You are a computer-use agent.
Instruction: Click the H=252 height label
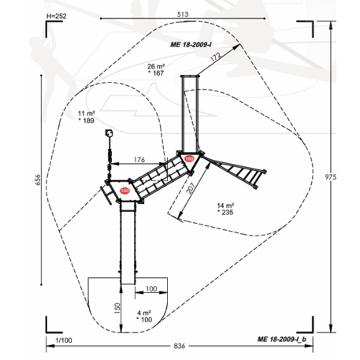click(57, 16)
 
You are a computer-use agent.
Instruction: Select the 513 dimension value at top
click(183, 14)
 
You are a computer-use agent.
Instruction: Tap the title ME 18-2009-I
click(191, 45)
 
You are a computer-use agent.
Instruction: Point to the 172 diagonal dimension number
click(216, 57)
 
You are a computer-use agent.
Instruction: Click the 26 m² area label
click(156, 66)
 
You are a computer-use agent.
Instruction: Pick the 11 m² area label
click(86, 113)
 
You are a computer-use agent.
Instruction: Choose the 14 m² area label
click(225, 206)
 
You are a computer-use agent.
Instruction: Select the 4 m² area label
click(144, 313)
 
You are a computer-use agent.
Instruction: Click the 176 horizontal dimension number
click(139, 160)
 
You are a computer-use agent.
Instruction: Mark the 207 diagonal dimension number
click(191, 188)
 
